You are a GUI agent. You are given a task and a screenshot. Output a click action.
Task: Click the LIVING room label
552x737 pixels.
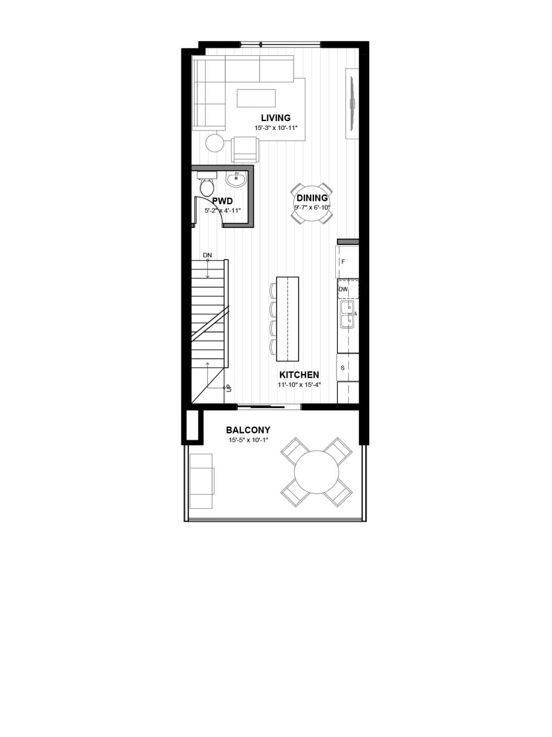tap(275, 118)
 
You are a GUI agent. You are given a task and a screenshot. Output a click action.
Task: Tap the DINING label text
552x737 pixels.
tap(312, 198)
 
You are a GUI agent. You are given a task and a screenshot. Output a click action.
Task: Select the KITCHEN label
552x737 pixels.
tap(299, 374)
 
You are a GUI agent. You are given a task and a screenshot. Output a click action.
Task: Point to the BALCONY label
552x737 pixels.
tap(248, 430)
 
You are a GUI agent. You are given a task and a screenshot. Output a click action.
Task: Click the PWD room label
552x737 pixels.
tap(222, 201)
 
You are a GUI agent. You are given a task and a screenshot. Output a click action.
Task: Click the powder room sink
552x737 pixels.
tap(236, 179)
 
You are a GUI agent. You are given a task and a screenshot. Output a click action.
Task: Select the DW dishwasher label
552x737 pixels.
tap(343, 289)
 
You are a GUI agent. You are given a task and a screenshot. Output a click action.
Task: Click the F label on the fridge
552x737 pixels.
tap(343, 262)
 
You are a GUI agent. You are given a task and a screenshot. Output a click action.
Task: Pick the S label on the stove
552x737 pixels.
tap(342, 368)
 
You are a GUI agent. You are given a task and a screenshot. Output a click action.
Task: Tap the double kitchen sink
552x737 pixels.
tap(348, 314)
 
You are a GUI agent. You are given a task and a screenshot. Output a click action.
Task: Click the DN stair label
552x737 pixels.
tap(207, 255)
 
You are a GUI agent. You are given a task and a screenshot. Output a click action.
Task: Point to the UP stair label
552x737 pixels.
tap(229, 388)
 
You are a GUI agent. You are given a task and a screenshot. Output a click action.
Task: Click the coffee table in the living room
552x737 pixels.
tap(256, 98)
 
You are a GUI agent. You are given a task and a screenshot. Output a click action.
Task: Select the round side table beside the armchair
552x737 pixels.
tap(215, 143)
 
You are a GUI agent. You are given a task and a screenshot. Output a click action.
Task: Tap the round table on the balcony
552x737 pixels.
tap(317, 472)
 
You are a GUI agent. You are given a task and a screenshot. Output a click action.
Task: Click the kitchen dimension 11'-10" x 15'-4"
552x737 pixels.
tap(299, 385)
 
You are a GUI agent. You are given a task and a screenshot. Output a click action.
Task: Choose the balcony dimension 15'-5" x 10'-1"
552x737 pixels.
tap(248, 440)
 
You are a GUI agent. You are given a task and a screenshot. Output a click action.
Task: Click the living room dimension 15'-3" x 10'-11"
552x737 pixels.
tap(276, 128)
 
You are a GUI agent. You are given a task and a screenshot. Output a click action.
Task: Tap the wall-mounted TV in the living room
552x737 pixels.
tap(352, 103)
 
